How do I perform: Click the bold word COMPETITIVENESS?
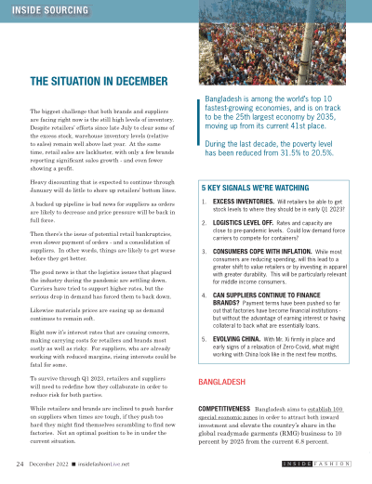click(x=228, y=434)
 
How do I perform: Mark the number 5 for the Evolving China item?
click(x=204, y=366)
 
